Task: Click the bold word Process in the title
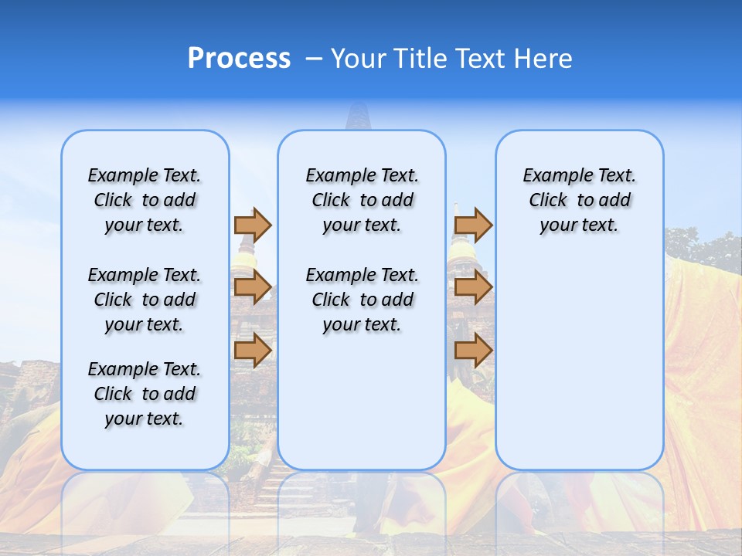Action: coord(239,59)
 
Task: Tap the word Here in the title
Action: coord(544,59)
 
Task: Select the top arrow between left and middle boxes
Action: coord(253,225)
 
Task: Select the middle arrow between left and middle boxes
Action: coord(253,287)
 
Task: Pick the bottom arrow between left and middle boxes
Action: coord(253,350)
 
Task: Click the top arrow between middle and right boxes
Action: coord(473,225)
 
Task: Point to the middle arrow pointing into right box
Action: coord(473,287)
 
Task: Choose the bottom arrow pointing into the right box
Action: coord(473,350)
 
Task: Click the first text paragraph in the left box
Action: coord(145,200)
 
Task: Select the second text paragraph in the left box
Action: coord(145,300)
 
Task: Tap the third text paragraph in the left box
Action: coord(145,394)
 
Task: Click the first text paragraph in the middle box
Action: coord(362,200)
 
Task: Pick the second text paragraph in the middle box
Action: coord(362,300)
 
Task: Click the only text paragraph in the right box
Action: coord(579,200)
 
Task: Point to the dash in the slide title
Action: coord(315,59)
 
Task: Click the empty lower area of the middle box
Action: coord(362,402)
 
